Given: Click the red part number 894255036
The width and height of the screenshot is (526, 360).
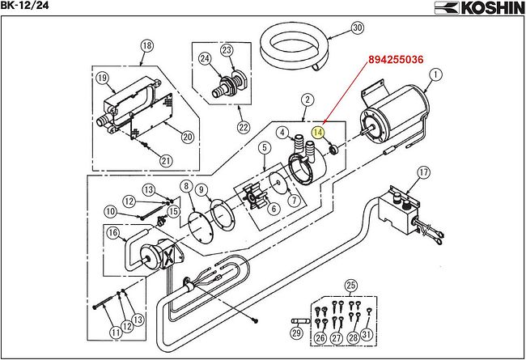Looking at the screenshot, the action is pyautogui.click(x=396, y=59).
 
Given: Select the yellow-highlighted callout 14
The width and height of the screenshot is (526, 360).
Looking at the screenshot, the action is pyautogui.click(x=318, y=133).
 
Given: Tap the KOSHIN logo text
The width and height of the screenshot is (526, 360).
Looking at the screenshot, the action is pyautogui.click(x=479, y=8).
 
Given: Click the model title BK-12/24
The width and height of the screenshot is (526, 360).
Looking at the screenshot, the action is pyautogui.click(x=24, y=5).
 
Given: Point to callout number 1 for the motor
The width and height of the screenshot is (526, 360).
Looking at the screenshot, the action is pyautogui.click(x=435, y=74).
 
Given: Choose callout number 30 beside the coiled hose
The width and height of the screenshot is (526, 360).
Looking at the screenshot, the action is pyautogui.click(x=357, y=28).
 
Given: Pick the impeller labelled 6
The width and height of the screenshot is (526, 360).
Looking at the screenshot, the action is pyautogui.click(x=255, y=197).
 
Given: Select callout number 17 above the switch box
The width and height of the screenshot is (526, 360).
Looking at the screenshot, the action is pyautogui.click(x=424, y=173).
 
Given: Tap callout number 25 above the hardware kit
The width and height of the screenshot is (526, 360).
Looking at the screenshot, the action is pyautogui.click(x=350, y=286).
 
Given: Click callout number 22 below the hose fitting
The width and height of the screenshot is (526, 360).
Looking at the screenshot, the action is pyautogui.click(x=244, y=127).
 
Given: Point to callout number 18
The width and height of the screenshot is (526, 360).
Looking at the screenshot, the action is pyautogui.click(x=147, y=45).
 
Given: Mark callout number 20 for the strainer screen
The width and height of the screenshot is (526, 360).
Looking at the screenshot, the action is pyautogui.click(x=188, y=137).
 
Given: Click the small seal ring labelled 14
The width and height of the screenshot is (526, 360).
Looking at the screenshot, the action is pyautogui.click(x=334, y=150).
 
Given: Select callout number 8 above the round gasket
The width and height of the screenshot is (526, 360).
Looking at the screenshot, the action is pyautogui.click(x=186, y=187).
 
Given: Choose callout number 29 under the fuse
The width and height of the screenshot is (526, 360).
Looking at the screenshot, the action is pyautogui.click(x=296, y=332).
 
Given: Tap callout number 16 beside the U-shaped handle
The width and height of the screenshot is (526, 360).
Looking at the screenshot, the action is pyautogui.click(x=113, y=232).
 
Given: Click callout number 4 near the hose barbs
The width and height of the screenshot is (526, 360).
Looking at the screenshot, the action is pyautogui.click(x=282, y=132).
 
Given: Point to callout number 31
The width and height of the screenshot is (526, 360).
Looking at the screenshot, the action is pyautogui.click(x=367, y=335).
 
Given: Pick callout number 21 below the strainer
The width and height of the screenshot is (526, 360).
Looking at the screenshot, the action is pyautogui.click(x=166, y=161).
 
